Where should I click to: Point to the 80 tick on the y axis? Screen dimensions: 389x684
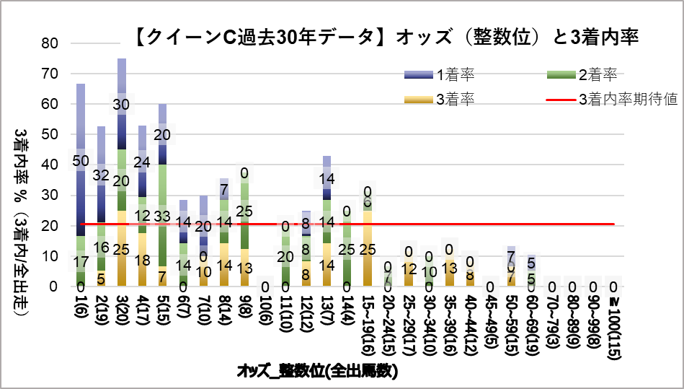(x=50, y=43)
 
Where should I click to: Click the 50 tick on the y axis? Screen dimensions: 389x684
(x=50, y=135)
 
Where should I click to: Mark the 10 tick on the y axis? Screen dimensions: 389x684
(x=50, y=256)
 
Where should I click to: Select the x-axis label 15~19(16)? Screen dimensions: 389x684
(x=368, y=318)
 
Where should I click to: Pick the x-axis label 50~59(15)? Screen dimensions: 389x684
(x=511, y=318)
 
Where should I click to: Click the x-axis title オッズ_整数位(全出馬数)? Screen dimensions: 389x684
(x=317, y=372)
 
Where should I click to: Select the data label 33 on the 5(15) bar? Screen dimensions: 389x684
(x=163, y=216)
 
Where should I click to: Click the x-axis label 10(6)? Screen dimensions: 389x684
(x=265, y=307)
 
